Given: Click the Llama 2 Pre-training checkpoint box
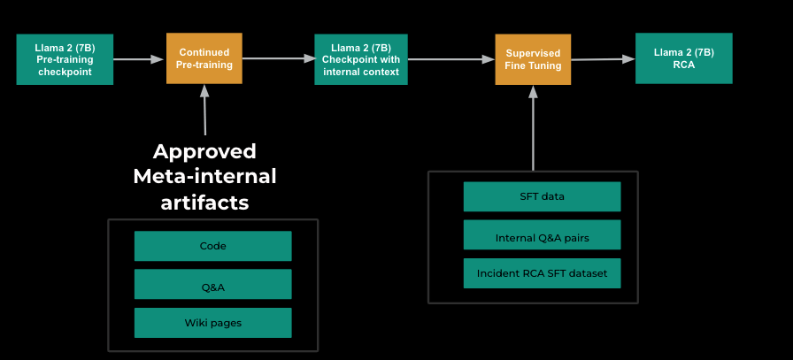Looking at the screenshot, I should [65, 59].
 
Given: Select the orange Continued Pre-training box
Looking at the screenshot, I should [204, 58].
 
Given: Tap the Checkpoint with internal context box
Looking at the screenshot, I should [360, 59].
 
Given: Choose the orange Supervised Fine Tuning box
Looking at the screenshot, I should [533, 59].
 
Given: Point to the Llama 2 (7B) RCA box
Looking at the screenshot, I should [683, 58].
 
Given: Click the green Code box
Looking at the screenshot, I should [212, 246].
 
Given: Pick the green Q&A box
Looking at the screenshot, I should [212, 284].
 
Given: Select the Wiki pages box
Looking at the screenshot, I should [212, 322].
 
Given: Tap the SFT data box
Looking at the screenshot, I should [542, 196].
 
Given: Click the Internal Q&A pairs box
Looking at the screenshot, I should [542, 235].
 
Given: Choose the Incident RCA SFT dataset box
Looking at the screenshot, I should [542, 273].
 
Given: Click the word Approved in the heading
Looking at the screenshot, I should [204, 151].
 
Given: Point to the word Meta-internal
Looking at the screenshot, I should [204, 176].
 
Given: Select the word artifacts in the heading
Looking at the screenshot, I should [204, 202].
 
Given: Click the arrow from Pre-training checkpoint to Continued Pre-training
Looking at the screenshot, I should [140, 59].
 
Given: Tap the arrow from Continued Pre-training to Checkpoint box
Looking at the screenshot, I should [278, 59].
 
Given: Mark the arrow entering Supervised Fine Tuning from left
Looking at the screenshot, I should [450, 59].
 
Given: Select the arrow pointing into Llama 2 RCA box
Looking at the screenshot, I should [603, 59].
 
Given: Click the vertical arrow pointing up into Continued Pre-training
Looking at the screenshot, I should [204, 110].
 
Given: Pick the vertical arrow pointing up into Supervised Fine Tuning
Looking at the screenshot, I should [533, 127].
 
